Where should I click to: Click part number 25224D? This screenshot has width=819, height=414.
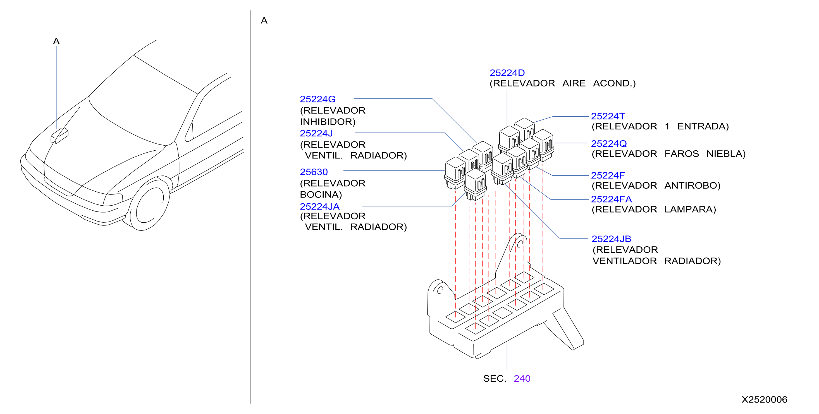click(x=507, y=73)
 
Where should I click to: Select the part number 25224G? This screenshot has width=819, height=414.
click(x=317, y=99)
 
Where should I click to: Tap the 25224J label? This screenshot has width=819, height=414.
click(x=316, y=133)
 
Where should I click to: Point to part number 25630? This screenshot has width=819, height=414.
click(x=314, y=172)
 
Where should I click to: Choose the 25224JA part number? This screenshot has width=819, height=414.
click(x=320, y=206)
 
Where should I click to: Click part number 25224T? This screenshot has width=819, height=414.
click(x=608, y=116)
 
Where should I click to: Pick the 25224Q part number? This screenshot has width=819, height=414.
click(x=609, y=144)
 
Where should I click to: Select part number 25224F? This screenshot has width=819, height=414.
click(x=608, y=175)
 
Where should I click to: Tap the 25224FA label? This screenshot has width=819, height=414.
click(x=612, y=199)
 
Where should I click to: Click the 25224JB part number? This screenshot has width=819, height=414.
click(x=612, y=239)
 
